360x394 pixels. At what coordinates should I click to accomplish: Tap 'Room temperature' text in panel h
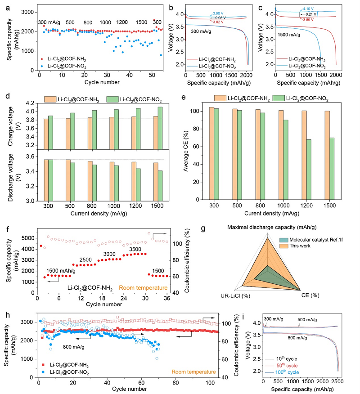click(x=192, y=372)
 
